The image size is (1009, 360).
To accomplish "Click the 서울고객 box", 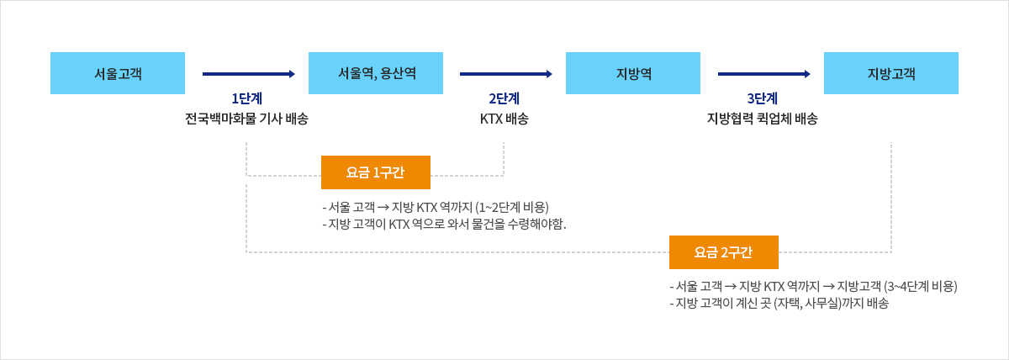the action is tap(118, 73).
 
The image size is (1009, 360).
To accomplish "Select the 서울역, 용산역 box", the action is tap(376, 73).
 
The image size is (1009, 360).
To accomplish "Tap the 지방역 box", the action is tap(633, 73).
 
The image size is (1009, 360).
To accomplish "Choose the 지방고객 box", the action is tap(891, 73).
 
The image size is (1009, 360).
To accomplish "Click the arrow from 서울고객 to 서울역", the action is tap(249, 74).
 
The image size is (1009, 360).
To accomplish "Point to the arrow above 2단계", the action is tap(506, 74).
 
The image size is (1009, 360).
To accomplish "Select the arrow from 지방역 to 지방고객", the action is tap(764, 74).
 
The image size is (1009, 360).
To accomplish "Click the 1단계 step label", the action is tap(247, 98).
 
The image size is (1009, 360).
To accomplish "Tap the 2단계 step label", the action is tap(504, 98).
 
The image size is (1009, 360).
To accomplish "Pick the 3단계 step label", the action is tap(762, 98).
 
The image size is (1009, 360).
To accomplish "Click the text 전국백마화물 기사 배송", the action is tap(247, 119).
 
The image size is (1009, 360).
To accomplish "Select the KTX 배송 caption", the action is tap(504, 119).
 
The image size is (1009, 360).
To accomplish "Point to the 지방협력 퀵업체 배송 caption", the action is tap(762, 119).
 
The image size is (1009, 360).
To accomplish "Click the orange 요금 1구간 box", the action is tap(376, 172).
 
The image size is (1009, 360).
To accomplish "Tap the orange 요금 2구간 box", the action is tap(724, 252).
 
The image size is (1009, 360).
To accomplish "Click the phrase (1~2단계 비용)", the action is tap(512, 207).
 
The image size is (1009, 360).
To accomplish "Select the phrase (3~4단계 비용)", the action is tap(921, 287).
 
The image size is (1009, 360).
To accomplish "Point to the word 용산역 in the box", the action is tap(399, 73).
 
